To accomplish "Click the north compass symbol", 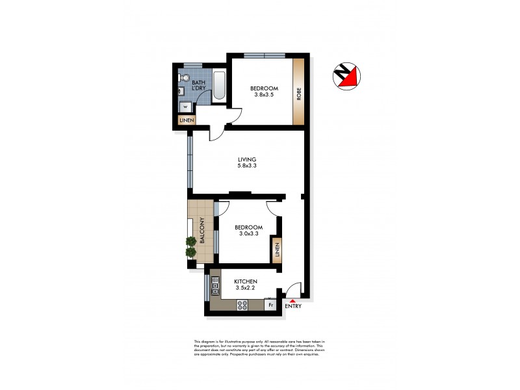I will pyautogui.click(x=346, y=76).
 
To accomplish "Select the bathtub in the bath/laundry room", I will pyautogui.click(x=218, y=87).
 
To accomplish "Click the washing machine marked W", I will pyautogui.click(x=185, y=107).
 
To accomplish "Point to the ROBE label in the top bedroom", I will pyautogui.click(x=299, y=92).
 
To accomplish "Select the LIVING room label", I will pyautogui.click(x=247, y=159).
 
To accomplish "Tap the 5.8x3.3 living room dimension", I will pyautogui.click(x=247, y=166).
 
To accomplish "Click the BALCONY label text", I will pyautogui.click(x=202, y=229).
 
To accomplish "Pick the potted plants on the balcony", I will pyautogui.click(x=191, y=246).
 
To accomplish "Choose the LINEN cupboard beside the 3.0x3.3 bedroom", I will pyautogui.click(x=276, y=250).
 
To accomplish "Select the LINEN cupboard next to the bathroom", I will pyautogui.click(x=187, y=120).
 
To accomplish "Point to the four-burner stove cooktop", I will pyautogui.click(x=243, y=304).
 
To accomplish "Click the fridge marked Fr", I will pyautogui.click(x=270, y=304).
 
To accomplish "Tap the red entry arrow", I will pyautogui.click(x=293, y=301).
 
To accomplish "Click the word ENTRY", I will pyautogui.click(x=293, y=307).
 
